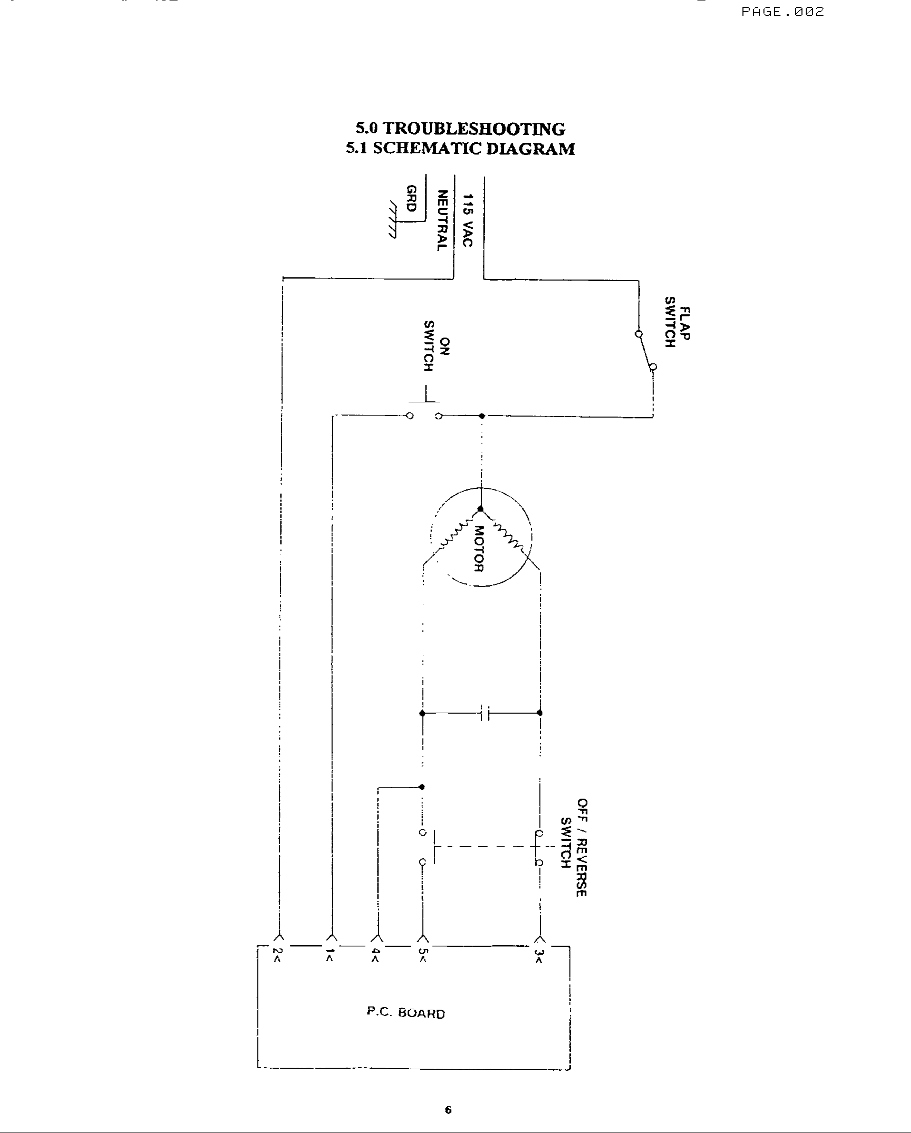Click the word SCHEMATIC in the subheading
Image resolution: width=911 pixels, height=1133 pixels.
[x=427, y=149]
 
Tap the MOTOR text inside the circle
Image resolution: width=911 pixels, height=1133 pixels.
[x=479, y=548]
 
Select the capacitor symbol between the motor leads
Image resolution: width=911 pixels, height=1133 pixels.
[x=485, y=713]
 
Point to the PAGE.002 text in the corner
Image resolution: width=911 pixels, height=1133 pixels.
[x=782, y=12]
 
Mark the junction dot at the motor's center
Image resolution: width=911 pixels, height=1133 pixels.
[x=480, y=509]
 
